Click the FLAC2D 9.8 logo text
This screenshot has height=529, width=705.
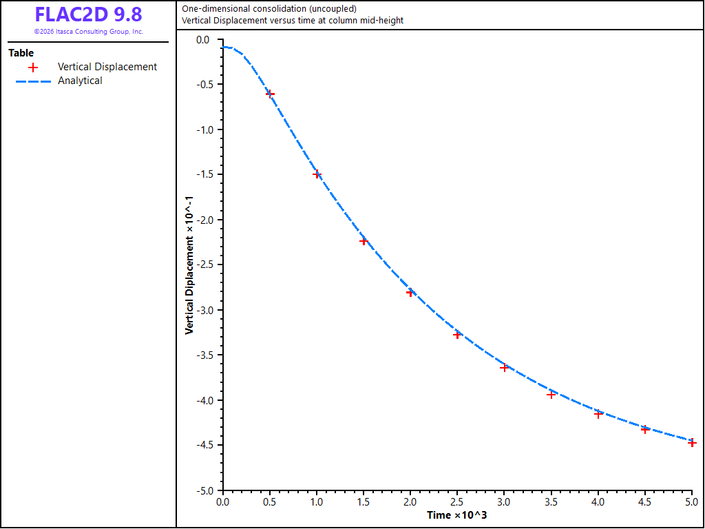[89, 14]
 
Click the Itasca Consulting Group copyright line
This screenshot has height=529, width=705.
[89, 32]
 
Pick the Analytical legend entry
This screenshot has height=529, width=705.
[59, 81]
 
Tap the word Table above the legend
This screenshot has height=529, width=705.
[21, 53]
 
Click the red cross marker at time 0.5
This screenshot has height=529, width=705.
[270, 94]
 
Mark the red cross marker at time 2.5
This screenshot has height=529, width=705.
[457, 335]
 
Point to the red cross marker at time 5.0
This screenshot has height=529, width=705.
[692, 443]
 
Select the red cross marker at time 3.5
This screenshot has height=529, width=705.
[551, 395]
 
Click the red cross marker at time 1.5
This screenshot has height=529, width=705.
[364, 242]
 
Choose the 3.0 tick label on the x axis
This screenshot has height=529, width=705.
[504, 501]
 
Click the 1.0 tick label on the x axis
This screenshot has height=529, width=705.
[317, 501]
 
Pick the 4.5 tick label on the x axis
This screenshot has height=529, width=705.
[644, 501]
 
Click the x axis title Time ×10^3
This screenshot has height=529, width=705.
[457, 515]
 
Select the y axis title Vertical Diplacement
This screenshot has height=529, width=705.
[189, 264]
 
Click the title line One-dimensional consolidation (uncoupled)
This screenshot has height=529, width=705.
[269, 8]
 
